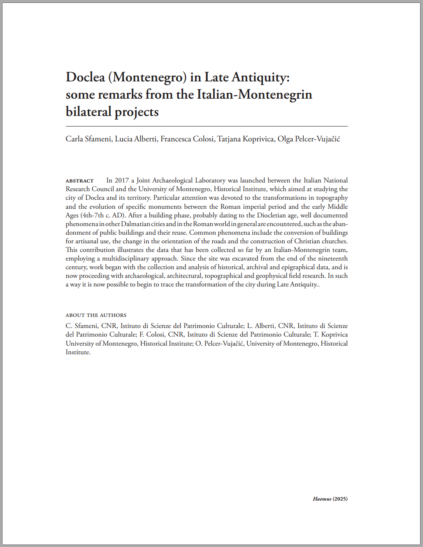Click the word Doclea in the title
85,77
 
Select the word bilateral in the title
88,112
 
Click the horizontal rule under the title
207,126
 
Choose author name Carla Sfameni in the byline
88,139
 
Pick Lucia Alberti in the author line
136,139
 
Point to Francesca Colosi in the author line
187,139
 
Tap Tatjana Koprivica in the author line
246,139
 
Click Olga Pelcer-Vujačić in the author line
309,139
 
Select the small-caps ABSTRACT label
79,181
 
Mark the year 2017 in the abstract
122,180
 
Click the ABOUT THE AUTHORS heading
96,315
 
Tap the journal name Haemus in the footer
322,499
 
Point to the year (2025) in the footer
340,499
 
